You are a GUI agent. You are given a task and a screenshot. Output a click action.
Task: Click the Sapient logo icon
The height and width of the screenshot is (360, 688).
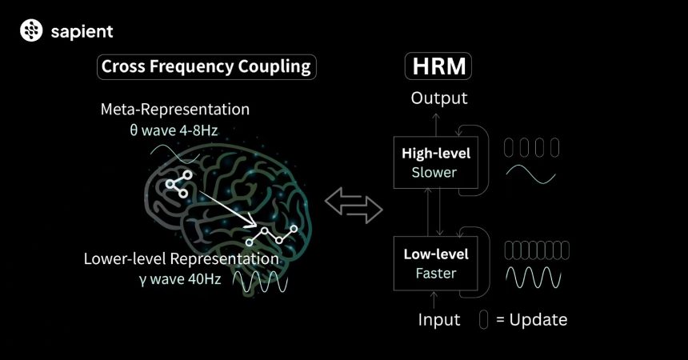point(31,30)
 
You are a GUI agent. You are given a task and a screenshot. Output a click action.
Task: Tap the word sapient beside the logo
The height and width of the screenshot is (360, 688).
point(82,32)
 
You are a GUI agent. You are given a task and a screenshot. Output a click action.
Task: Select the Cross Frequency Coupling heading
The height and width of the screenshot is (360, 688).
point(206,66)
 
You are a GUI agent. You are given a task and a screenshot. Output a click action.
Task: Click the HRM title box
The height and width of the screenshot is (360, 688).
point(438,66)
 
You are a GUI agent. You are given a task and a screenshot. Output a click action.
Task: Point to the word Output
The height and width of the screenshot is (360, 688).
point(439,98)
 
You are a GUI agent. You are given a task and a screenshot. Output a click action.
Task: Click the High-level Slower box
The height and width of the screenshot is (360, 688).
point(436,162)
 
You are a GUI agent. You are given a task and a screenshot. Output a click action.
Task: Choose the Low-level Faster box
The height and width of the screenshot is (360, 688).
point(436,263)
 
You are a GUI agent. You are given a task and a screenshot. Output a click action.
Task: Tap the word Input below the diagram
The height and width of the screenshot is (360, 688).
point(439,320)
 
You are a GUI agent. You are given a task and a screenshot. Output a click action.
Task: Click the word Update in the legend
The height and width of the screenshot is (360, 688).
point(538,320)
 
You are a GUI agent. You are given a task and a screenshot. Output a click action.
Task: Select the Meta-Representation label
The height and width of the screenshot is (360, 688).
point(175,110)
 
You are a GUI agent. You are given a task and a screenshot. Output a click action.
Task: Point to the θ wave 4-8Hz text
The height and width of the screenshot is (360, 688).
point(174,130)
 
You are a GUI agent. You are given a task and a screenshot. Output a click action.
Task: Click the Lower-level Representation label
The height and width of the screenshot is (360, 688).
point(182,258)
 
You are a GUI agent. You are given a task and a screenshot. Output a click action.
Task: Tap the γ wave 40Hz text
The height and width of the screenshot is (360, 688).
point(180,279)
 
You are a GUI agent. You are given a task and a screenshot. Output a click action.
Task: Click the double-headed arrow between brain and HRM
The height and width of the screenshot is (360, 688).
point(354,206)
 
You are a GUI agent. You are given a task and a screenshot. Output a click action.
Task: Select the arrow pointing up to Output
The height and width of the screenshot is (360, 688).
point(436,125)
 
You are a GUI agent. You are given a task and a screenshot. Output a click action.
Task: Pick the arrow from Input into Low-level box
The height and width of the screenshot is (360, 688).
point(434,300)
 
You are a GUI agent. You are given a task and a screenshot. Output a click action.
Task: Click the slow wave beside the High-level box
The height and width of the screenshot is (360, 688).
point(530,174)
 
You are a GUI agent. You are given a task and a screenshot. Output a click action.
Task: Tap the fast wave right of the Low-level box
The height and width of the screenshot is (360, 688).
point(533,278)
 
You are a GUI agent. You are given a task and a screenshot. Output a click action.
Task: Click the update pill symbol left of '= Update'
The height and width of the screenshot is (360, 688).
point(483,320)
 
